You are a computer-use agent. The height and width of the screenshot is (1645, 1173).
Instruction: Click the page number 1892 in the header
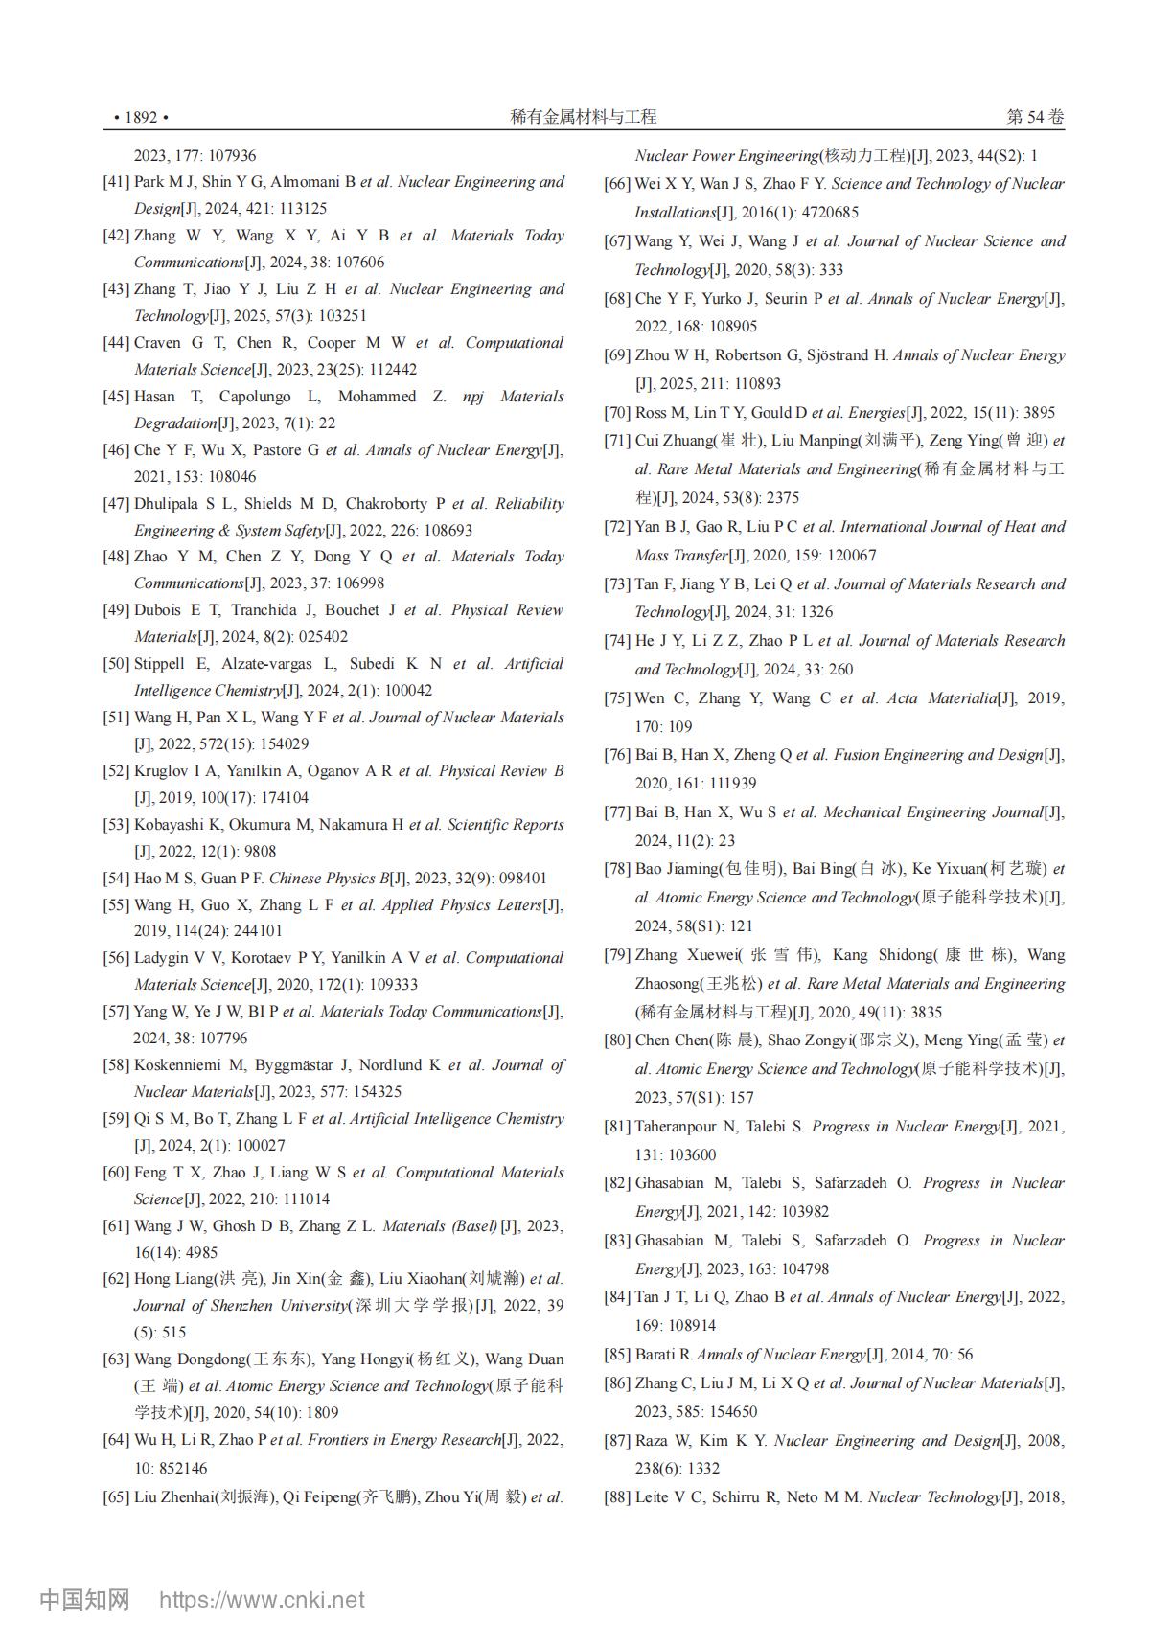(141, 118)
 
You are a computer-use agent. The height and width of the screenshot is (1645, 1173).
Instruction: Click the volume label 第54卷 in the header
(1035, 117)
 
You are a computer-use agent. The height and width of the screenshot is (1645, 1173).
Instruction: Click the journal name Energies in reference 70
(877, 413)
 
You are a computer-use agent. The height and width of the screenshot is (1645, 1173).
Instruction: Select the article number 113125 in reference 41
(298, 209)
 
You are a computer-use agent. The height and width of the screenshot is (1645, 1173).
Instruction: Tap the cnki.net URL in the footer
(262, 1600)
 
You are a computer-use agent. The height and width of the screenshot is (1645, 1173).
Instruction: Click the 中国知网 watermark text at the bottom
(84, 1599)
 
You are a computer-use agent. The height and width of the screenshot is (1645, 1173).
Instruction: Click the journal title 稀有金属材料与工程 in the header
(584, 117)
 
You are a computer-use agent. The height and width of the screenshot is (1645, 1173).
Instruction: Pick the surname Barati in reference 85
(657, 1355)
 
